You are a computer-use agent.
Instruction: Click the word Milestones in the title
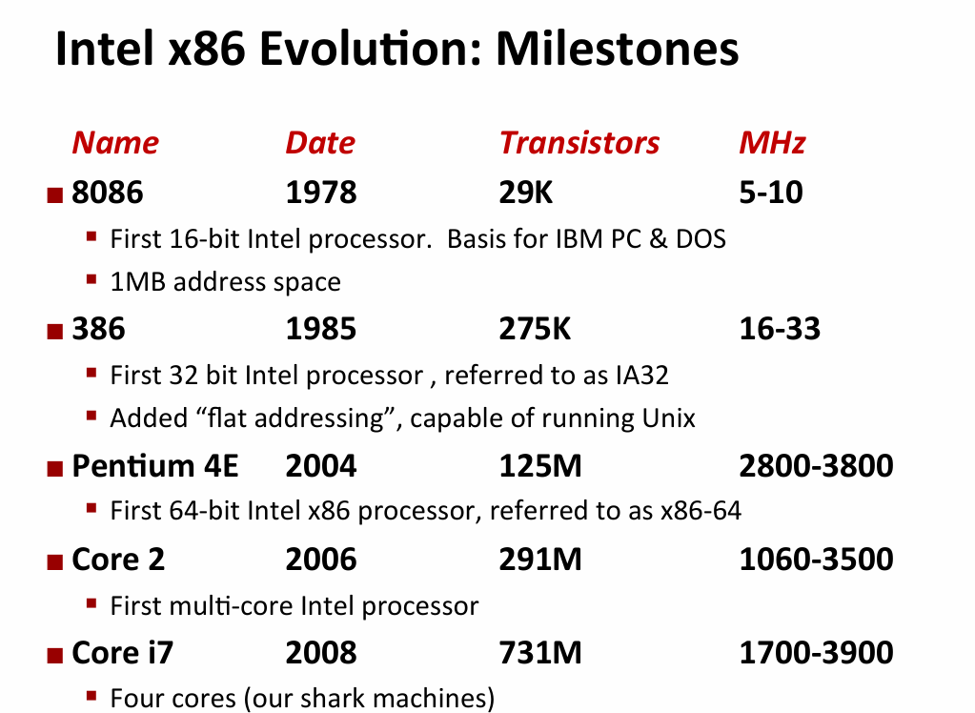(x=617, y=49)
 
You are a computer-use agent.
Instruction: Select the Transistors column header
(x=579, y=143)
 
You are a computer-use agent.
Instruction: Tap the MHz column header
(x=772, y=143)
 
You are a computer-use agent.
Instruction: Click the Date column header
(x=320, y=143)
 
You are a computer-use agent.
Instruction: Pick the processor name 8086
(x=108, y=193)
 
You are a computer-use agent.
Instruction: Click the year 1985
(x=321, y=329)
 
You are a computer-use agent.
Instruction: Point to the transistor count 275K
(x=535, y=329)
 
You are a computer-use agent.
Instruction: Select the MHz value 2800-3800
(x=816, y=466)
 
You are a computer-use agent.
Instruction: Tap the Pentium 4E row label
(x=155, y=466)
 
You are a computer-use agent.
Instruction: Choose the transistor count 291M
(x=539, y=559)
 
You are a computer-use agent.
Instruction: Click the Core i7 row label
(x=122, y=653)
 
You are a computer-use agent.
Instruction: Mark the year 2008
(x=321, y=653)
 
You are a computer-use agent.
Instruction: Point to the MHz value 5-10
(x=771, y=193)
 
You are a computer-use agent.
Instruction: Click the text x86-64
(x=700, y=511)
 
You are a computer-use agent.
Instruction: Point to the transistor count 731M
(x=539, y=653)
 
